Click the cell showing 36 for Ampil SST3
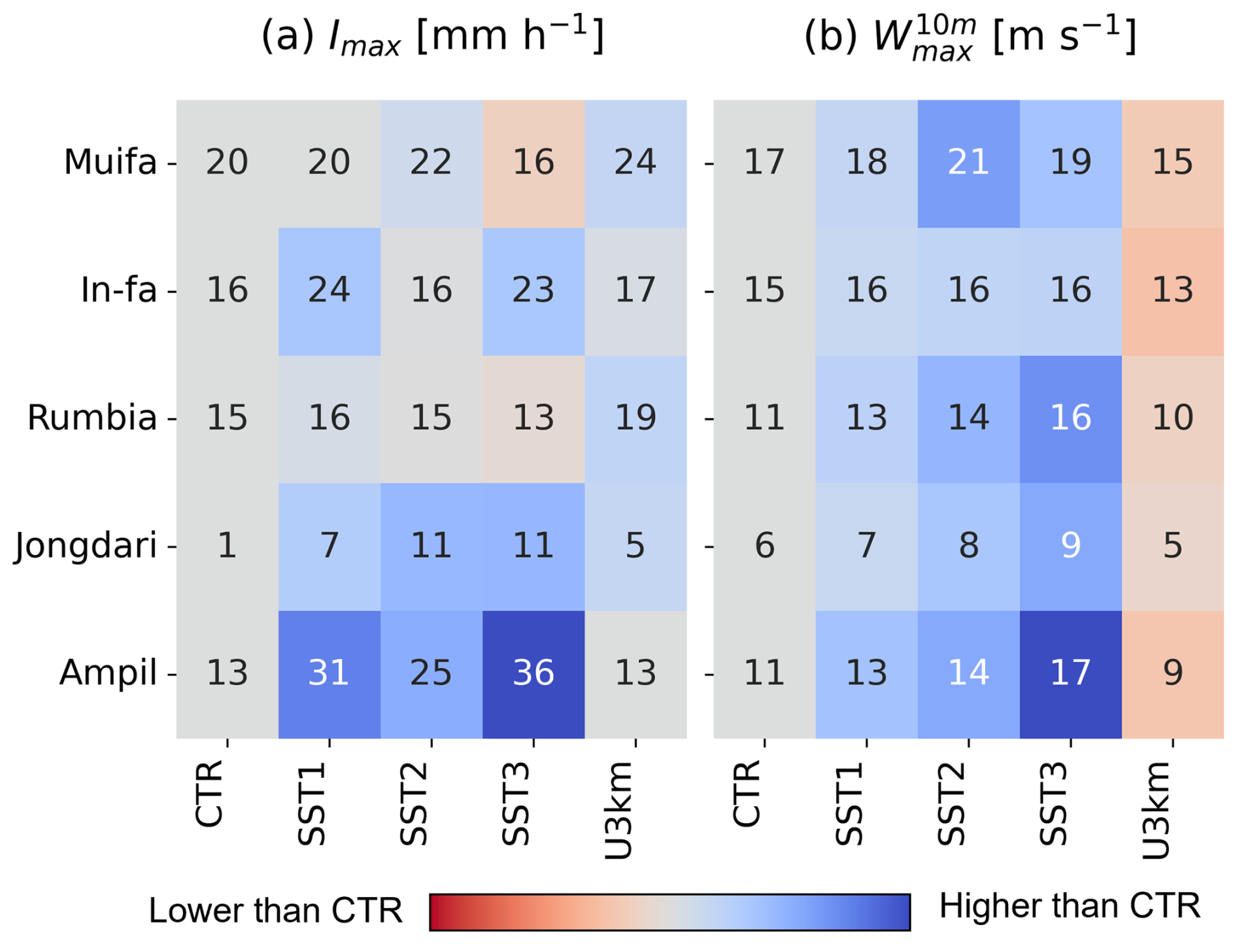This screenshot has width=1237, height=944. click(533, 673)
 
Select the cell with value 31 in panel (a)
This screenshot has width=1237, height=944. click(329, 673)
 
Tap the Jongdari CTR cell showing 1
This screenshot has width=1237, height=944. click(227, 546)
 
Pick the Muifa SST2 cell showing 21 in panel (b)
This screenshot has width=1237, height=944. click(968, 163)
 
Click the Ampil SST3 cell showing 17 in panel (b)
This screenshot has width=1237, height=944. click(1070, 673)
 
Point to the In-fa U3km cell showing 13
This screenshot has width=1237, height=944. click(1172, 290)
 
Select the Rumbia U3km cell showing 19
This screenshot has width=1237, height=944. click(635, 418)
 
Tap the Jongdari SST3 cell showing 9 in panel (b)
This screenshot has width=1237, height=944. click(1070, 546)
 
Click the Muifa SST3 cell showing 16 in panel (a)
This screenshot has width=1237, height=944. click(533, 163)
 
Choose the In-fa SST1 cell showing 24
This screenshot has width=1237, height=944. click(329, 290)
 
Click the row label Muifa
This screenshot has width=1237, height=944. click(110, 163)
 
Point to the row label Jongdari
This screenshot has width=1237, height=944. click(86, 546)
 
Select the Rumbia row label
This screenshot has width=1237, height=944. click(92, 418)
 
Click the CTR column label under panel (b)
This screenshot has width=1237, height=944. click(747, 794)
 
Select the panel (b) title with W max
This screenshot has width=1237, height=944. click(970, 37)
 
